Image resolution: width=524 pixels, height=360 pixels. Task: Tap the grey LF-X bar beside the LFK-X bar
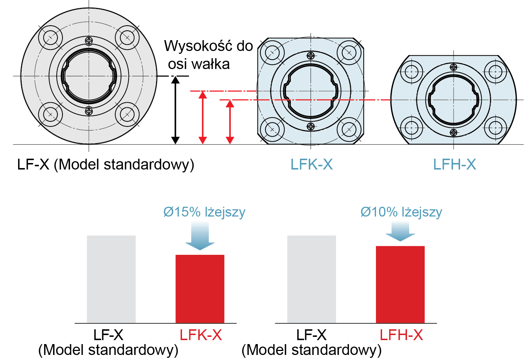point(111,279)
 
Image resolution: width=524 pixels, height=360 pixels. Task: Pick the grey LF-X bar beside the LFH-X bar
point(311,279)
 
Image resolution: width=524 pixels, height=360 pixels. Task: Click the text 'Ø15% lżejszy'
point(204,212)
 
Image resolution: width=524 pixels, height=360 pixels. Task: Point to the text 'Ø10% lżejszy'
point(401,212)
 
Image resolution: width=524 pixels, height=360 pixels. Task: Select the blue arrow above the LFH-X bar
point(400,231)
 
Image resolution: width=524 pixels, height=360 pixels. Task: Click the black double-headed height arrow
point(175,110)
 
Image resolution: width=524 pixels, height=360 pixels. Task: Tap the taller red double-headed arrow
point(203,117)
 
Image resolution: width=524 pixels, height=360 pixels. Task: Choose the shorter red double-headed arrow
point(230,122)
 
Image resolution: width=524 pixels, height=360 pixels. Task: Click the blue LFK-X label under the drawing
point(311,165)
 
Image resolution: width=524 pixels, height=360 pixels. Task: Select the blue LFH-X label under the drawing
point(454,165)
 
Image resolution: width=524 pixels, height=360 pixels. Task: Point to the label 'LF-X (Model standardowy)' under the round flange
point(105,165)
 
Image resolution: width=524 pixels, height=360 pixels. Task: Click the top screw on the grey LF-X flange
point(89,40)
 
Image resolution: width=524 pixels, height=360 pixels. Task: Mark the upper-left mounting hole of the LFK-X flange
point(272,53)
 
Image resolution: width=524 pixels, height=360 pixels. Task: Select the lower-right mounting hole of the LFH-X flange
point(495,128)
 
